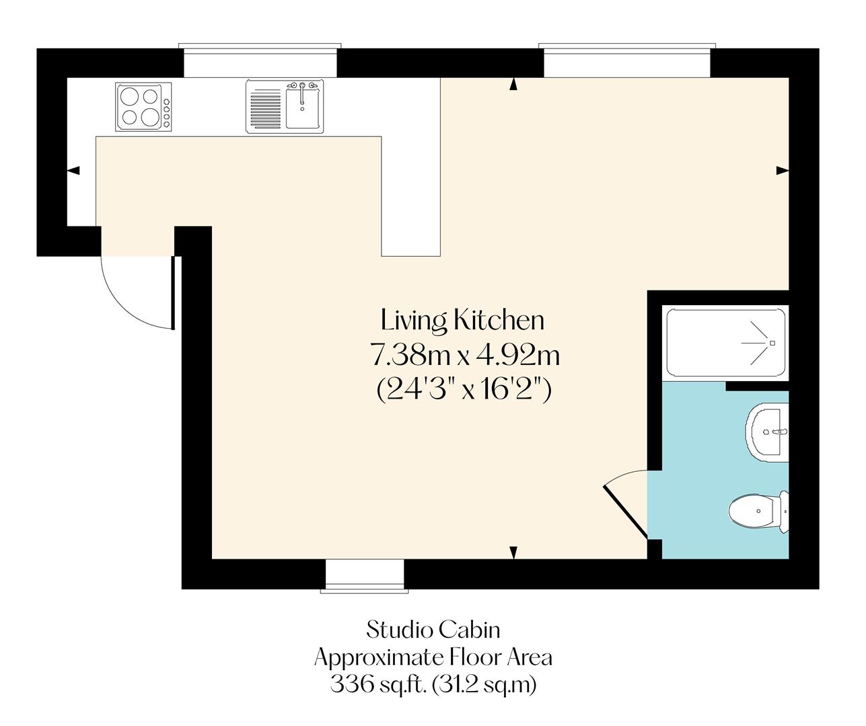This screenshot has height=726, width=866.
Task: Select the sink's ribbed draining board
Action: click(266, 108)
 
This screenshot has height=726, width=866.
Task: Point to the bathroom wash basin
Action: click(766, 434)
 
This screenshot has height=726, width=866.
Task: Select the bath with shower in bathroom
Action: click(725, 343)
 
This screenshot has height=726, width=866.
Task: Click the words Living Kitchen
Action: click(462, 320)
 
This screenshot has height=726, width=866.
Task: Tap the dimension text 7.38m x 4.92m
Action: click(465, 354)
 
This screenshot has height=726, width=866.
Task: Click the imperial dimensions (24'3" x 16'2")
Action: click(464, 389)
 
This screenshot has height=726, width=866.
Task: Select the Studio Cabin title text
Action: click(433, 630)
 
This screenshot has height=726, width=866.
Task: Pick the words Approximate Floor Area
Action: click(433, 657)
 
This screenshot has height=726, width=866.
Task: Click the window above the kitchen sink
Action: click(259, 62)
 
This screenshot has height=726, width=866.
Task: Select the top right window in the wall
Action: click(625, 62)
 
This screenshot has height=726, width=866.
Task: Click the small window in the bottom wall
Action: click(364, 575)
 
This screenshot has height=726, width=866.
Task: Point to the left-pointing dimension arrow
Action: click(73, 171)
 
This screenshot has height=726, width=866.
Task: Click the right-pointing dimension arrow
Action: click(782, 171)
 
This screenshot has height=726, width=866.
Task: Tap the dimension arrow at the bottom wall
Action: click(514, 552)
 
